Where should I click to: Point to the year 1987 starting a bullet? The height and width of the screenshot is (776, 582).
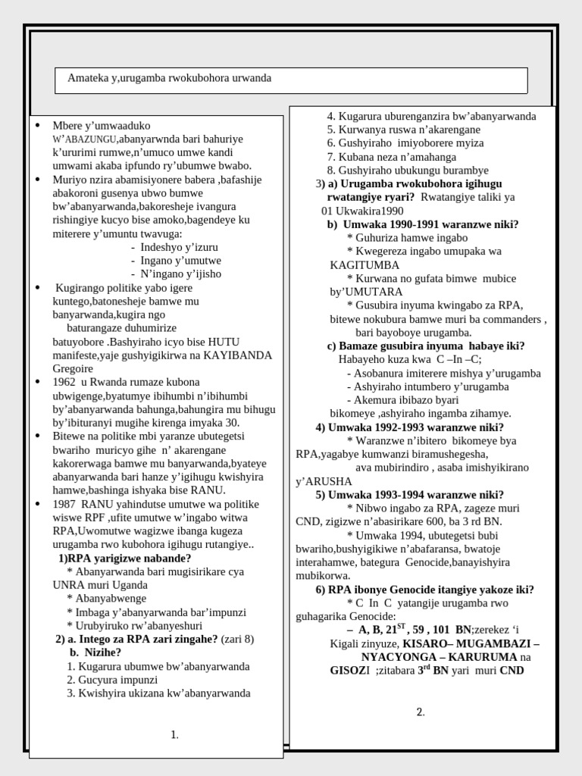pyautogui.click(x=65, y=504)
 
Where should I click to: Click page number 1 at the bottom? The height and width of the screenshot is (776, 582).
pyautogui.click(x=174, y=734)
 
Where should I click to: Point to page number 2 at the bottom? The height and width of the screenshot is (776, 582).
pyautogui.click(x=421, y=712)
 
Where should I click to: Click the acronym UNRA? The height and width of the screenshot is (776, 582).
pyautogui.click(x=67, y=585)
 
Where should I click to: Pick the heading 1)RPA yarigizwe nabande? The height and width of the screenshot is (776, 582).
pyautogui.click(x=124, y=558)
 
